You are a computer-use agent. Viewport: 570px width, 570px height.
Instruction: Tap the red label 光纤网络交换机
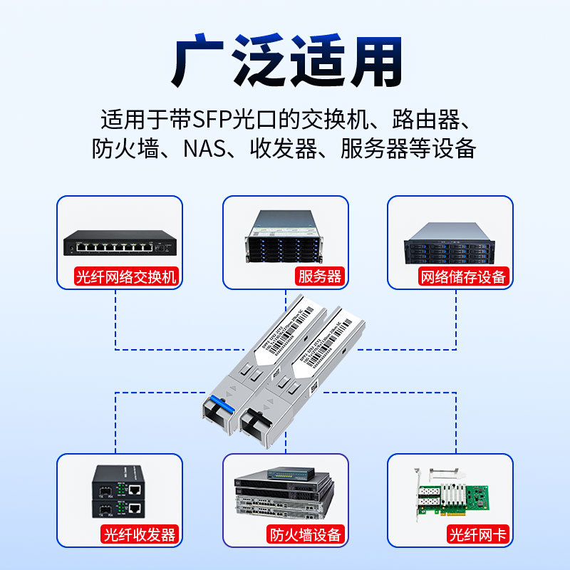pos(127,276)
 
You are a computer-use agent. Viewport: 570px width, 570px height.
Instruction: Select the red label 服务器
pos(320,276)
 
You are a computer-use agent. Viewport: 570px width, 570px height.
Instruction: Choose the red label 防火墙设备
pos(306,534)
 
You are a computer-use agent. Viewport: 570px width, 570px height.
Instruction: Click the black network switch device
pos(118,243)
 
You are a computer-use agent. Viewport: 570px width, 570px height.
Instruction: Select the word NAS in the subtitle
pos(203,149)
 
